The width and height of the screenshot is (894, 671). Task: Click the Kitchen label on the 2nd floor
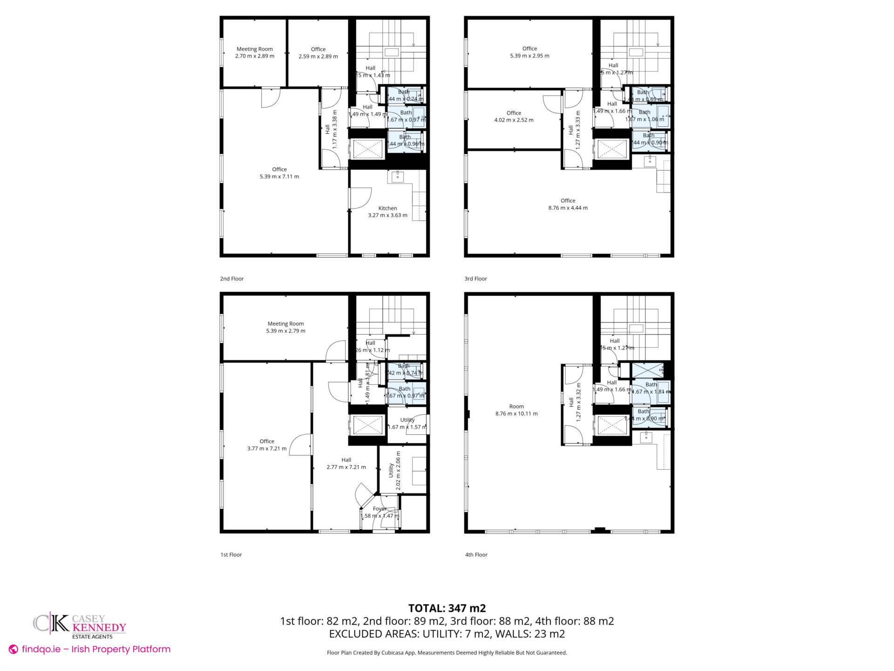click(x=387, y=212)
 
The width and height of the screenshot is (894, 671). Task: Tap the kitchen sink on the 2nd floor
click(x=398, y=176)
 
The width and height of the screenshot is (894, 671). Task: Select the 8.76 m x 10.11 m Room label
click(x=516, y=410)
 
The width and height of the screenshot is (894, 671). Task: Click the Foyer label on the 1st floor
click(x=380, y=512)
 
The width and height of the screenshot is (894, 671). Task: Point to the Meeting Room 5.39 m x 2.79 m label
click(x=285, y=327)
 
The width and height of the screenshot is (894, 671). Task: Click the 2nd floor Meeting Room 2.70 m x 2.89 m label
click(x=255, y=53)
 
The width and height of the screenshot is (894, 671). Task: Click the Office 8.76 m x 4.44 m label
click(x=568, y=204)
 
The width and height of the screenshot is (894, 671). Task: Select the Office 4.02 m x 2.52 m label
click(x=514, y=116)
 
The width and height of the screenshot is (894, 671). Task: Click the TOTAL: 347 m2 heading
click(x=447, y=608)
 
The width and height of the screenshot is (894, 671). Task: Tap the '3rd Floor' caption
click(x=475, y=279)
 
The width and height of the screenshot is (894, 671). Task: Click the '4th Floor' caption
click(x=476, y=555)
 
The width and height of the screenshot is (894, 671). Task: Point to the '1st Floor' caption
click(x=231, y=555)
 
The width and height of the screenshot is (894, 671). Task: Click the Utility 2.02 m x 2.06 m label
click(x=394, y=470)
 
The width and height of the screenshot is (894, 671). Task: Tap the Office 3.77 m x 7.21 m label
click(x=267, y=445)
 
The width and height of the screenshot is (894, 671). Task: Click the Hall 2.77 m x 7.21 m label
click(x=346, y=463)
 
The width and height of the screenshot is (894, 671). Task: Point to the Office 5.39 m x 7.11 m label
click(x=279, y=173)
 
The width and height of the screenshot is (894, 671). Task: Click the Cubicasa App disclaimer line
click(x=447, y=652)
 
